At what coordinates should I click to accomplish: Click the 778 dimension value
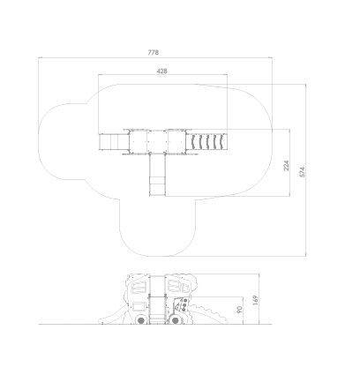pyautogui.click(x=154, y=52)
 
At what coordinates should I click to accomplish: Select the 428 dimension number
pyautogui.click(x=162, y=71)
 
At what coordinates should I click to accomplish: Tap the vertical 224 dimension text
pyautogui.click(x=286, y=166)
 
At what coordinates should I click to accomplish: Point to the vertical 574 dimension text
pyautogui.click(x=302, y=172)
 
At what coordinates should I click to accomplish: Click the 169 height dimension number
pyautogui.click(x=256, y=300)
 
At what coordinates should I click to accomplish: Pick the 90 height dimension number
pyautogui.click(x=239, y=310)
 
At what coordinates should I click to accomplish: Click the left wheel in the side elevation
pyautogui.click(x=141, y=320)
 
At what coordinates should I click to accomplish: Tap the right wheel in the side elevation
pyautogui.click(x=176, y=320)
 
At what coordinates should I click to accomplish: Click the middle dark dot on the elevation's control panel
pyautogui.click(x=184, y=305)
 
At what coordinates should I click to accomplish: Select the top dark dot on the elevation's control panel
pyautogui.click(x=185, y=301)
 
